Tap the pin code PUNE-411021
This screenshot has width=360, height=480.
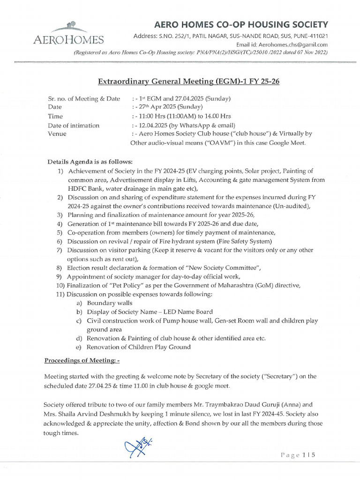click(x=307, y=36)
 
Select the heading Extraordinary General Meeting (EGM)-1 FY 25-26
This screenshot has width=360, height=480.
click(x=188, y=82)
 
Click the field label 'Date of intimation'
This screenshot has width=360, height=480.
click(x=74, y=125)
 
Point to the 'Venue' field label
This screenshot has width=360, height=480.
click(x=57, y=134)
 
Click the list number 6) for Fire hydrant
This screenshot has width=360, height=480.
click(x=60, y=241)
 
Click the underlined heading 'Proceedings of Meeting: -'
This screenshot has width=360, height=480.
click(x=82, y=360)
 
